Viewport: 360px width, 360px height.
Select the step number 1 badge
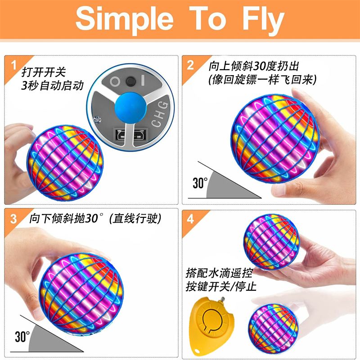point(14,65)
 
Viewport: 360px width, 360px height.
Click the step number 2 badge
point(190,65)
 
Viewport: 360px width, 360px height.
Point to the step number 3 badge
point(13,219)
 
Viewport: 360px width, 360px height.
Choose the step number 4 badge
point(190,219)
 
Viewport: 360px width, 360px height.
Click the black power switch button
point(130,81)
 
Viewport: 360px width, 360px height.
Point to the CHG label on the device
point(160,114)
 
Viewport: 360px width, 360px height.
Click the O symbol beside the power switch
point(115,81)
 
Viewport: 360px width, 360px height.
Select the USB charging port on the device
point(130,135)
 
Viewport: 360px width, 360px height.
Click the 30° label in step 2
point(200,183)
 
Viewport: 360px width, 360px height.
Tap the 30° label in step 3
point(22,337)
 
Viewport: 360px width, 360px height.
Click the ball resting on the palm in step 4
point(271,242)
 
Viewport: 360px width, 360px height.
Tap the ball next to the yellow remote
point(273,328)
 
